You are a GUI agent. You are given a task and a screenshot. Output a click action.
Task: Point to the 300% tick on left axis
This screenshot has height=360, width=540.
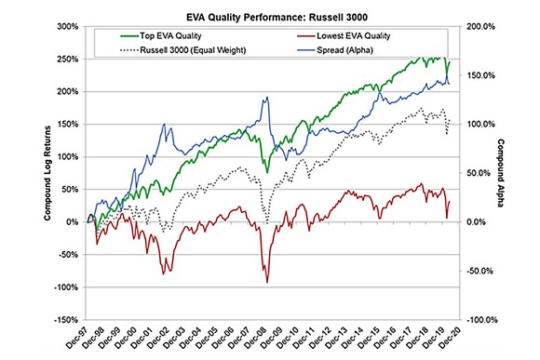[x=66, y=26]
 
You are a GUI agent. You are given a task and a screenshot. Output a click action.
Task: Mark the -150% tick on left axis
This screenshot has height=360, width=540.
[x=64, y=320]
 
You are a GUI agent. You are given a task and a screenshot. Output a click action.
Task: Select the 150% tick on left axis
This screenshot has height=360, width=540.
[x=66, y=125]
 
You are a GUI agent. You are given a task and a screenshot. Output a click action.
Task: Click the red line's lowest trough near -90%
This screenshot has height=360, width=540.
[x=267, y=282]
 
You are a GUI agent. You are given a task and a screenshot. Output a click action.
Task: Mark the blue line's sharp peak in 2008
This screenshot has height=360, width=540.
[x=265, y=98]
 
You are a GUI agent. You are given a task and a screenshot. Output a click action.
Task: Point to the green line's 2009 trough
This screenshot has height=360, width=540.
[x=268, y=173]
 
